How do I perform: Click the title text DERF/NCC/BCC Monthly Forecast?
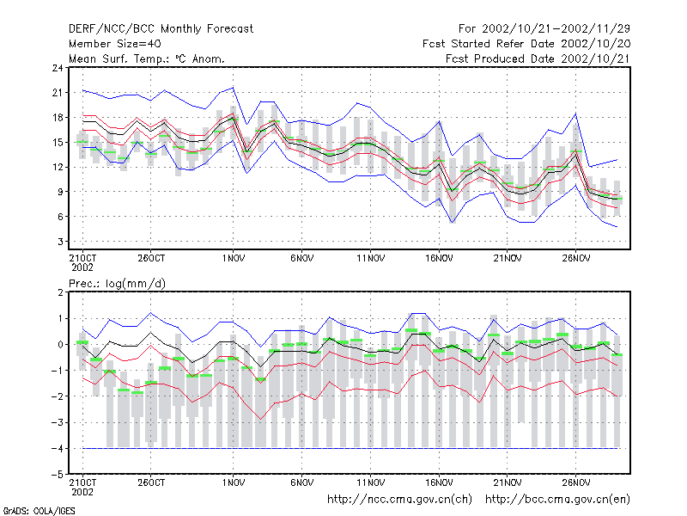(x=161, y=29)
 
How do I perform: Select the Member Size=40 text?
(x=115, y=44)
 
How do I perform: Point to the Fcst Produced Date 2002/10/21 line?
(x=538, y=58)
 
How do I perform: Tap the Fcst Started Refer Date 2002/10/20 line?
(x=526, y=44)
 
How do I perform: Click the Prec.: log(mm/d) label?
(x=117, y=284)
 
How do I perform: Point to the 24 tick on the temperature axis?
(x=58, y=68)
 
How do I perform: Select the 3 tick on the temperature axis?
(x=60, y=242)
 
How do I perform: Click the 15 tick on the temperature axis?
(x=58, y=142)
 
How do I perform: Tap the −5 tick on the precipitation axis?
(x=57, y=475)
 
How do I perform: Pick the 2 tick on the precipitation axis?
(x=60, y=292)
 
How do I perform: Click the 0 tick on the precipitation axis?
(x=60, y=345)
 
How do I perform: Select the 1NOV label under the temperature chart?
(x=233, y=258)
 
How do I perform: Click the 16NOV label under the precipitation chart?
(x=439, y=482)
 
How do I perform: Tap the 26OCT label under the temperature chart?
(x=151, y=258)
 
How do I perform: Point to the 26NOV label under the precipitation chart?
(x=575, y=482)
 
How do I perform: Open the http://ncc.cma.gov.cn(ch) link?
(x=399, y=500)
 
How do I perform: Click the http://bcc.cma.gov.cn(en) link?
(x=557, y=500)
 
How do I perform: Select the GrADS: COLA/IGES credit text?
(x=40, y=511)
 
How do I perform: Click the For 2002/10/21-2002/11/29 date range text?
(x=544, y=29)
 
